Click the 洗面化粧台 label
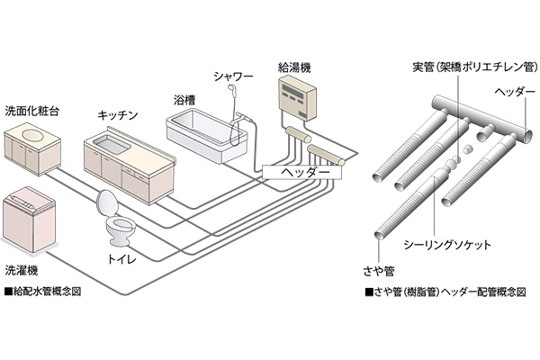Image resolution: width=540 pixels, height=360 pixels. [x=32, y=112]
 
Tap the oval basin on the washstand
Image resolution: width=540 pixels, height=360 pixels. [x=33, y=133]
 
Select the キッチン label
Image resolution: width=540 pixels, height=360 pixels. [x=118, y=115]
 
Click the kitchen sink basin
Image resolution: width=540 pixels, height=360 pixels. [x=112, y=144]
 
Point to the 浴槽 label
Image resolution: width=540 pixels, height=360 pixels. [x=184, y=100]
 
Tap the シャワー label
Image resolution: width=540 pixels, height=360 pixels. [x=233, y=76]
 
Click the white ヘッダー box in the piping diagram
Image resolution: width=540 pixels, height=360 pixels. [x=301, y=172]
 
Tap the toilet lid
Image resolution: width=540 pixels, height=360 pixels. [x=108, y=202]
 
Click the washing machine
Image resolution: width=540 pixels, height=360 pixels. [x=29, y=220]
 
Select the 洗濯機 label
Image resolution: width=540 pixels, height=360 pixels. [x=22, y=271]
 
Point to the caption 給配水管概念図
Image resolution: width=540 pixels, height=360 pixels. [x=43, y=292]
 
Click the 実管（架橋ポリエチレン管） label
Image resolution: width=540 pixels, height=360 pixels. [x=475, y=67]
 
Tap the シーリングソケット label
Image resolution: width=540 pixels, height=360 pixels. [x=447, y=245]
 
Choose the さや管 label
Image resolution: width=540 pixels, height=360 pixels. [x=379, y=272]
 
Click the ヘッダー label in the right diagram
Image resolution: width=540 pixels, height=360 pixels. [x=515, y=92]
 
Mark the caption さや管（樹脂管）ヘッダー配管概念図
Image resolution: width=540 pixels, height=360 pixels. [x=445, y=292]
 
